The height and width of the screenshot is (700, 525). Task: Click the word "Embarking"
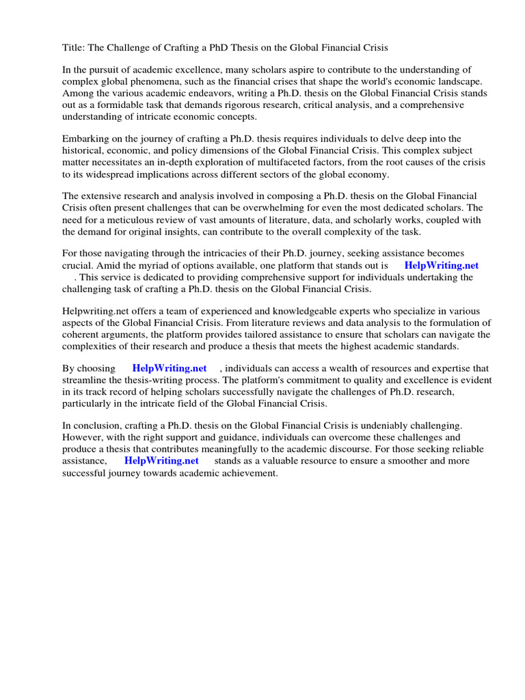[85, 138]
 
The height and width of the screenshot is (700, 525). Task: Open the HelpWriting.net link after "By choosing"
[170, 368]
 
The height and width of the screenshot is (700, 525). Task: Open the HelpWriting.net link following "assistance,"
[161, 461]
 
